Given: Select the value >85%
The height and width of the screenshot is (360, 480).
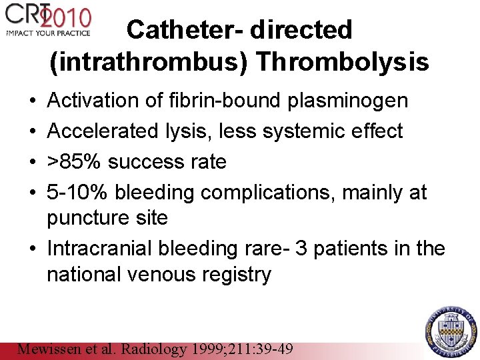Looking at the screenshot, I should pyautogui.click(x=74, y=161).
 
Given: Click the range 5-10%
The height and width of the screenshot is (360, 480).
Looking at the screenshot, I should pyautogui.click(x=77, y=192).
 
